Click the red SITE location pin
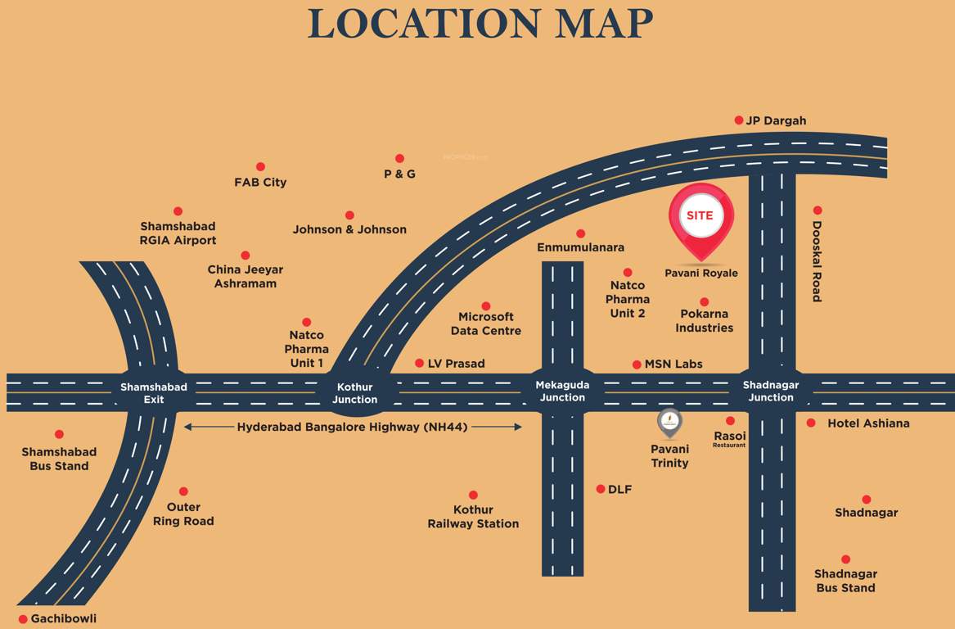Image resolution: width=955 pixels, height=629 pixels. tap(701, 217)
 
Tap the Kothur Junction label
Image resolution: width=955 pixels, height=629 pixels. tap(355, 393)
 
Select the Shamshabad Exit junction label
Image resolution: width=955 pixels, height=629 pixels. tap(154, 393)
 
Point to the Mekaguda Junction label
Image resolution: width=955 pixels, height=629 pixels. tap(562, 391)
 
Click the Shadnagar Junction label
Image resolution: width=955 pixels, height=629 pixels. tap(771, 391)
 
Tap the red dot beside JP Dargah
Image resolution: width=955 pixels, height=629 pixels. tap(739, 120)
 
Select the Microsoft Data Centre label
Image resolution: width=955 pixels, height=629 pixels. tap(486, 324)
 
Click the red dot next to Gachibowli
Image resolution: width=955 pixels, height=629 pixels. tap(23, 619)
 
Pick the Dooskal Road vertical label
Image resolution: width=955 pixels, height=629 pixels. tap(817, 261)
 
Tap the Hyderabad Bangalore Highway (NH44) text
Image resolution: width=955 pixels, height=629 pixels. tap(353, 427)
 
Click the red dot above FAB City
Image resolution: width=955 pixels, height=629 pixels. tap(260, 167)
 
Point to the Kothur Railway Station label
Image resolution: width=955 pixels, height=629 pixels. tap(473, 517)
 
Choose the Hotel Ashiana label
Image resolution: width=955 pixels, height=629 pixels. tap(868, 423)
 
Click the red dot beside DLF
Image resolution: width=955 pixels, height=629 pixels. tap(601, 489)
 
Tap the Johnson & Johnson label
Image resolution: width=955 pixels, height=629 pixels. tap(349, 229)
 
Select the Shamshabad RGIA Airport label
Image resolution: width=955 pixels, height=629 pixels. tap(178, 233)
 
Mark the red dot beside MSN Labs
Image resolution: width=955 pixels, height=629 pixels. tap(637, 364)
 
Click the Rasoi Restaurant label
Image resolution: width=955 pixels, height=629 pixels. tap(729, 439)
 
